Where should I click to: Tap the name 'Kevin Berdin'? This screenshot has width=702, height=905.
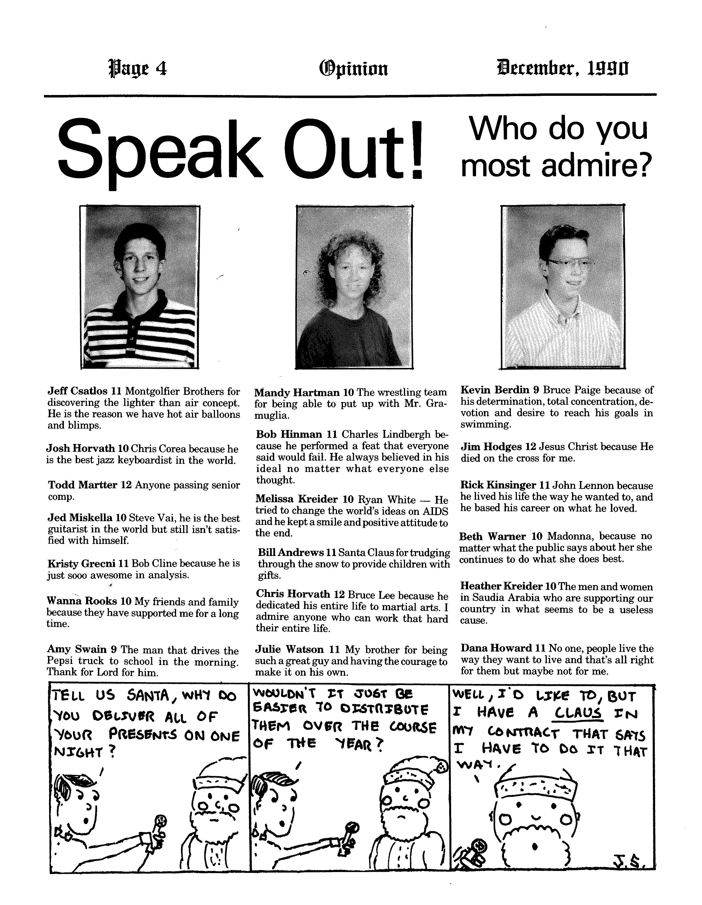click(495, 390)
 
